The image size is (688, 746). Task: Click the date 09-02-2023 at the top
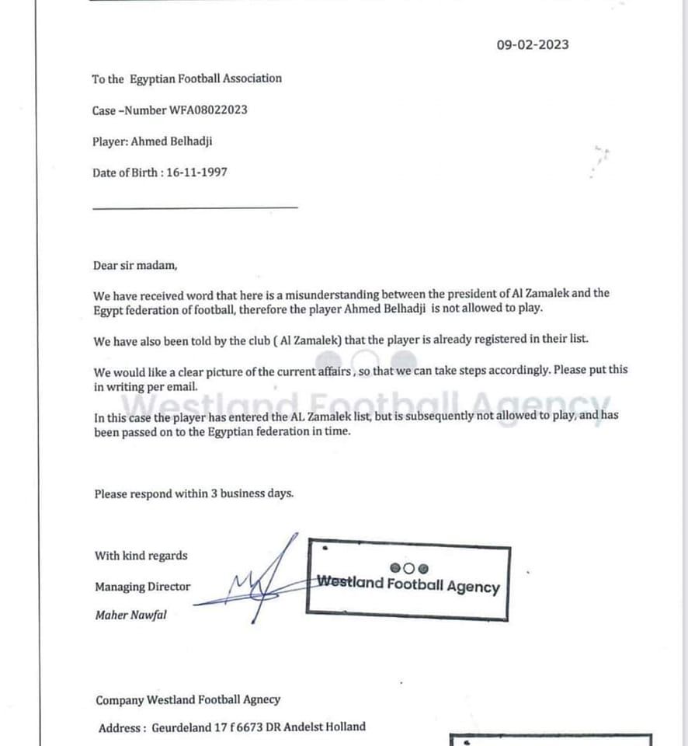tap(533, 44)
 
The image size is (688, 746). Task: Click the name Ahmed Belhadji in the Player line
tap(169, 141)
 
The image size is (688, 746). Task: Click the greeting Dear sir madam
tap(135, 265)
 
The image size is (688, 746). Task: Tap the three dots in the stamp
tap(408, 568)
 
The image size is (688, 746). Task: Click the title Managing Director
tap(142, 587)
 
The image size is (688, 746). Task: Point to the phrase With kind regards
tap(141, 556)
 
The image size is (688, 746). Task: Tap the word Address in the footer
tap(120, 728)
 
